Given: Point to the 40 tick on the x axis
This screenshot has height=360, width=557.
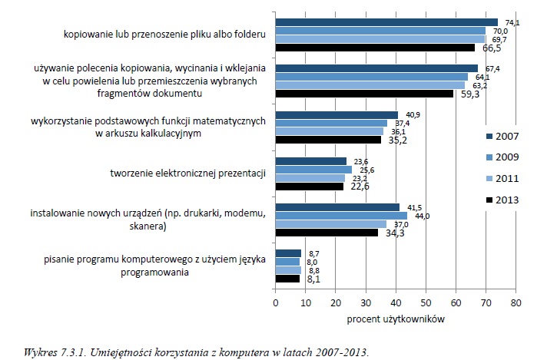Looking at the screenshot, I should [x=396, y=302].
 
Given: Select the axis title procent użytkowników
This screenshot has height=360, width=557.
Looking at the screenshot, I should [x=395, y=318].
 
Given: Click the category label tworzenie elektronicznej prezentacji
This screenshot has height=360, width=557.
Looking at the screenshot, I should [x=188, y=173].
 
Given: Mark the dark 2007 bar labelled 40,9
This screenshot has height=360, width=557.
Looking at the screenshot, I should [x=337, y=114].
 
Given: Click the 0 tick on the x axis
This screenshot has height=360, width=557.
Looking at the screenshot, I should [x=276, y=302].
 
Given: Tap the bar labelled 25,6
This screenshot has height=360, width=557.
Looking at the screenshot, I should [x=313, y=169].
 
